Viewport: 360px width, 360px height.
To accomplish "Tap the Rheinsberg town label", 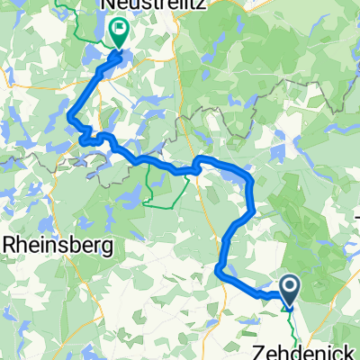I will point(59,244).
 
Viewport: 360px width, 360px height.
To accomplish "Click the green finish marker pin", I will point(119,34).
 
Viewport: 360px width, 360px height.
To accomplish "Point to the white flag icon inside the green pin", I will point(119,30).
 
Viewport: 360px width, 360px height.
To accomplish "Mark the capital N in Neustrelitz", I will point(107,8).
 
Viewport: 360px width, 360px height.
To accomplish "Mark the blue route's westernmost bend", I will point(70,114).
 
